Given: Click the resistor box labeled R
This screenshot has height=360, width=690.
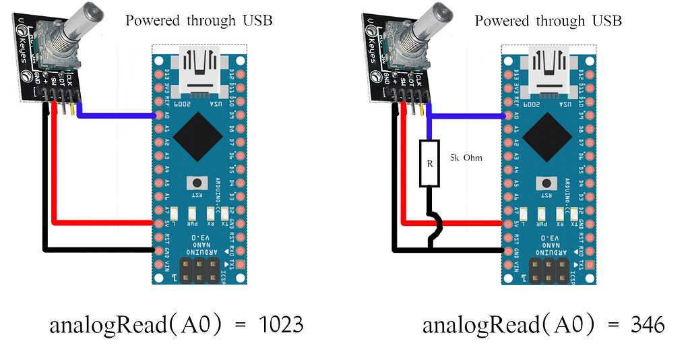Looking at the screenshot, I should [429, 163].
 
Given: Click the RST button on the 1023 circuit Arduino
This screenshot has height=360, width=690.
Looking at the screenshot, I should [197, 183].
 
